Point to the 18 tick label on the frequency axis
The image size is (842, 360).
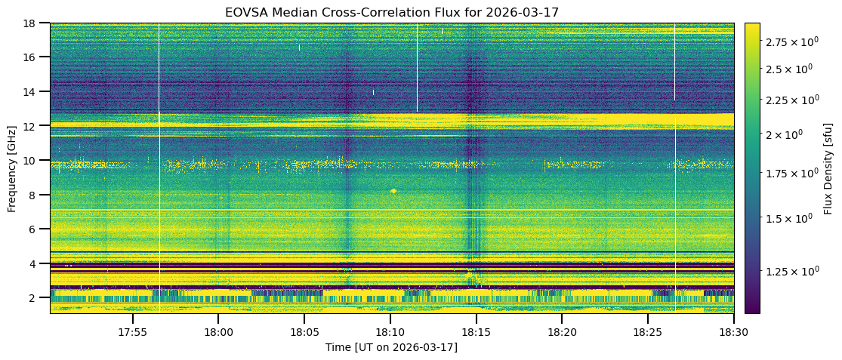click(34, 23)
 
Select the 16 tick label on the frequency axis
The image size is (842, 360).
click(34, 57)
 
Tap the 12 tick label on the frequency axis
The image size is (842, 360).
click(34, 126)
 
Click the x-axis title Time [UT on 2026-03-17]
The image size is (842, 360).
click(391, 347)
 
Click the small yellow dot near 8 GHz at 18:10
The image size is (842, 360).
click(393, 191)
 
